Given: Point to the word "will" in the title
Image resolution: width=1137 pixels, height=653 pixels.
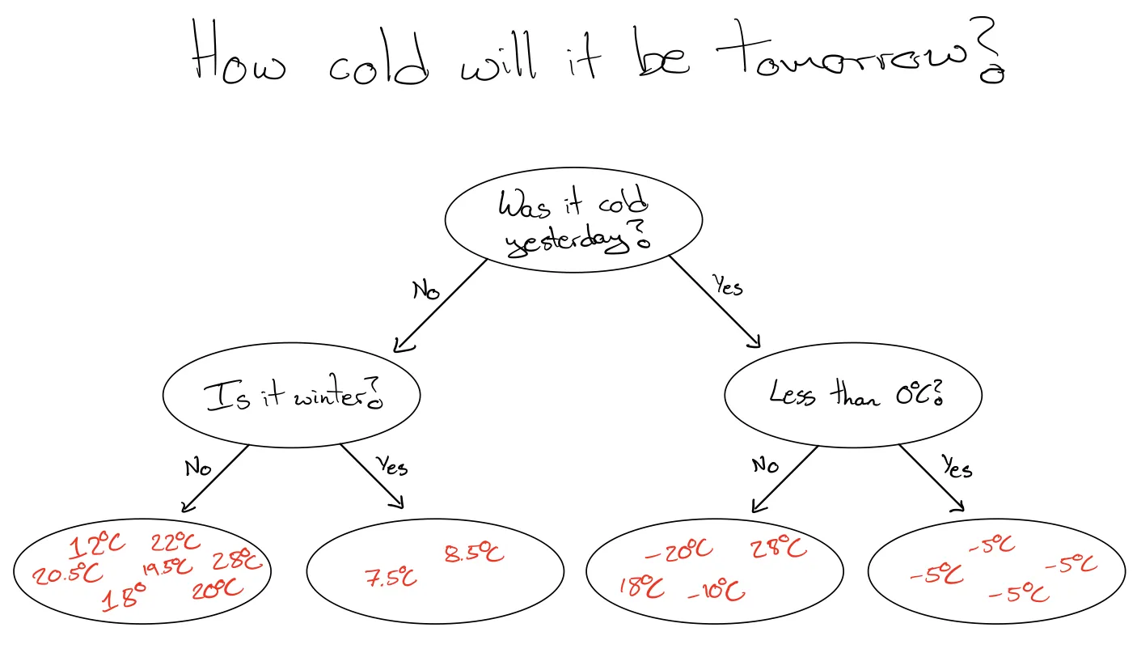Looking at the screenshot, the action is coord(498,56).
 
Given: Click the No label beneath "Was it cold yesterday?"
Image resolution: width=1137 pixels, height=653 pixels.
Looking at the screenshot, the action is coord(426,290).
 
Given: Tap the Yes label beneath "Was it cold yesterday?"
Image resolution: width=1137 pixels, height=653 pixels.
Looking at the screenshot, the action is coord(728,285).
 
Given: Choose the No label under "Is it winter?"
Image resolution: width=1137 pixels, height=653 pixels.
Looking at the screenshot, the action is coord(198,468).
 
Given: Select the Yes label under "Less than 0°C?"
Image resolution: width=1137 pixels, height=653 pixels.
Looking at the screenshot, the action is coord(957,467).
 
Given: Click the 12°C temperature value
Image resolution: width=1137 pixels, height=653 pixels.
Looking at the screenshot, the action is coord(97,545).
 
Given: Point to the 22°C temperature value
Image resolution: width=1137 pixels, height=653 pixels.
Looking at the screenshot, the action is coord(175,542).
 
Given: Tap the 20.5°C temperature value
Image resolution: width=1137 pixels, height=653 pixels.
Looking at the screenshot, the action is coord(67,575).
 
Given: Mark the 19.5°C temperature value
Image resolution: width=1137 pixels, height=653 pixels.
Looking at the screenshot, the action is coord(167,568).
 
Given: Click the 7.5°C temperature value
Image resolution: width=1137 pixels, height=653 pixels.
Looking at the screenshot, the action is coord(391,577).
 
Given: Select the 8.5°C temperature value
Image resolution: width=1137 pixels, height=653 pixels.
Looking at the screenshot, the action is coord(475,553).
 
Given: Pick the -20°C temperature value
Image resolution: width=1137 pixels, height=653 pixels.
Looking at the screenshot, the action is coord(679,550).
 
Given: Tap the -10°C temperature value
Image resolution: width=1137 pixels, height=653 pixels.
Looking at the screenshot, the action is coord(716,591).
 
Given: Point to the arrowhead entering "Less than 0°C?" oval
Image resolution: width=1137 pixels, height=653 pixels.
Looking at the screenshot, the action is coord(754,341).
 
